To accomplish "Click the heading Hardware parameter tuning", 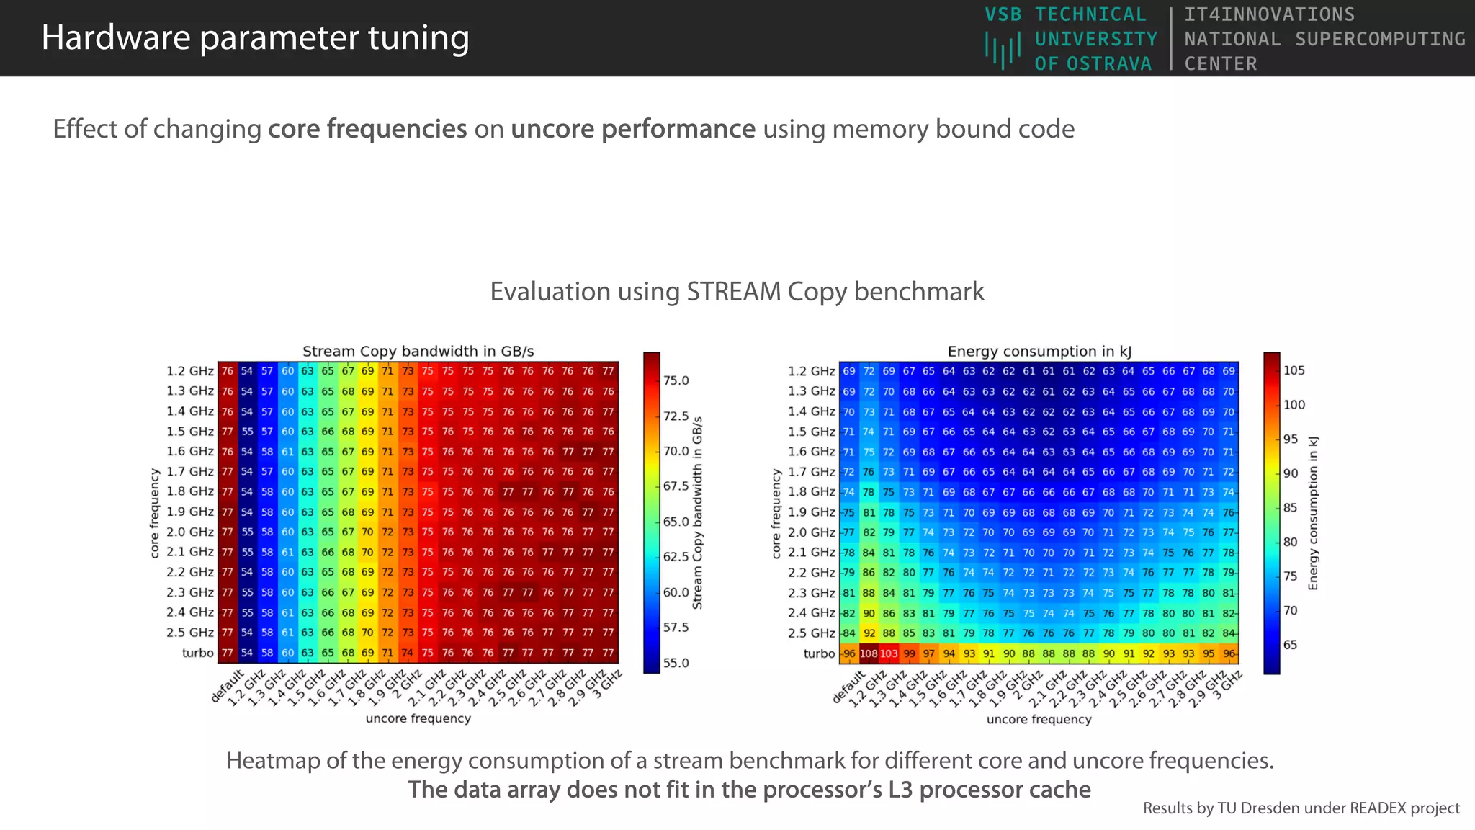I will [255, 37].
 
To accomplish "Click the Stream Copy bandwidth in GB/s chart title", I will [418, 352].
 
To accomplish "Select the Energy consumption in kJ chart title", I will [1039, 352].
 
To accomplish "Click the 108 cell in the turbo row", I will [869, 654].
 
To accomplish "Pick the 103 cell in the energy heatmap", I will [889, 654].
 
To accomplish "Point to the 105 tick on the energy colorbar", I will [1294, 370].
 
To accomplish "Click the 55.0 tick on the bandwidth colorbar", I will [676, 663].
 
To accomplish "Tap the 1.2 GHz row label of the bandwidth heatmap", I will [190, 371].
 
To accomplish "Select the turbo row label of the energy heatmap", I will [819, 654].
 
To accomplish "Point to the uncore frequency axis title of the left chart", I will [418, 718].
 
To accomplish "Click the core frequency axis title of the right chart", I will [776, 514].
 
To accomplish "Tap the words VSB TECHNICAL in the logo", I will [1065, 14].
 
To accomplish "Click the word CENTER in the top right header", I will [1220, 63].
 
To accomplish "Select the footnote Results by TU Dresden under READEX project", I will [1301, 808].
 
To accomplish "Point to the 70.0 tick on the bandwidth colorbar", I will [676, 451].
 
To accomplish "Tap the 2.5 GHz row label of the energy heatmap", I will [812, 633].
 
